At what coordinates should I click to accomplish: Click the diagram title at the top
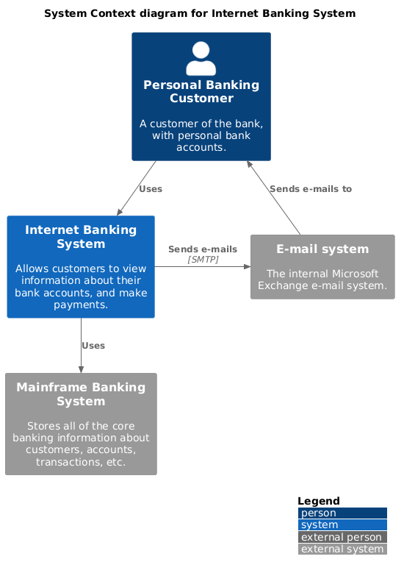(200, 13)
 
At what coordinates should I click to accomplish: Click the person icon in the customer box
(201, 59)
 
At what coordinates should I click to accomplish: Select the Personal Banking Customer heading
(201, 91)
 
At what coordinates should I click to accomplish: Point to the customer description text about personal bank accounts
(201, 135)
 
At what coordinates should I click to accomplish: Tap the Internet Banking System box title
(81, 237)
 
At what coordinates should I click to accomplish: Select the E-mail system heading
(322, 249)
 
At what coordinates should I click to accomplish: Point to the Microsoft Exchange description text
(322, 280)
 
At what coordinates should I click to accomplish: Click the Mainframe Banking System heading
(81, 394)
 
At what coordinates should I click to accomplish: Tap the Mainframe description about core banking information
(81, 444)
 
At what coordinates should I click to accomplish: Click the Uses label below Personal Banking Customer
(150, 189)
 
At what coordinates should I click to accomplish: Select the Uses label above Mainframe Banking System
(93, 346)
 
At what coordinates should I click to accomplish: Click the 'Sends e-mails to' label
(310, 189)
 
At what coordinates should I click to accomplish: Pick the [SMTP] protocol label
(203, 260)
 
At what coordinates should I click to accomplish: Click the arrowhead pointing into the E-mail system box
(247, 267)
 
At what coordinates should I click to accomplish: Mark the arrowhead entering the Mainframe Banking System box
(81, 369)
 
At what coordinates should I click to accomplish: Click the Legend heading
(318, 501)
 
